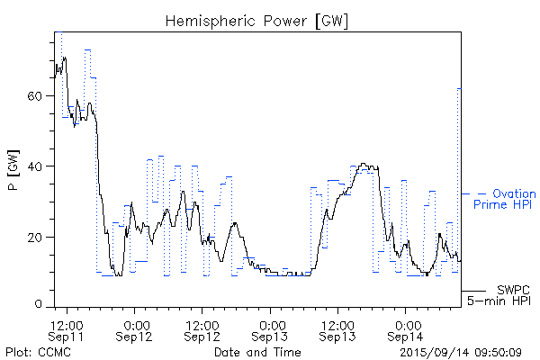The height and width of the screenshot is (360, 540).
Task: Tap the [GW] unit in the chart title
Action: point(329,20)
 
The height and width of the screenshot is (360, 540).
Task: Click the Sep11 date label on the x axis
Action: point(67,336)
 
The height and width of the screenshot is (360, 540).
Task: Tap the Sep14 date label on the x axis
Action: point(406,336)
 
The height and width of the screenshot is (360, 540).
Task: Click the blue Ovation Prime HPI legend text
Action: point(504,199)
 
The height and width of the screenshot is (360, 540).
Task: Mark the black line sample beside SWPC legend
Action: point(473,291)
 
